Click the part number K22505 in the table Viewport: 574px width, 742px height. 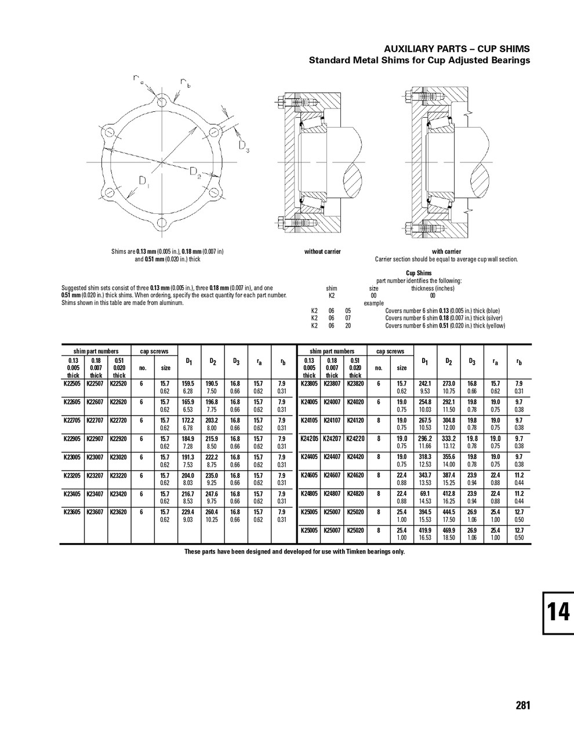(x=72, y=383)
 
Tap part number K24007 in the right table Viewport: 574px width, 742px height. (x=332, y=402)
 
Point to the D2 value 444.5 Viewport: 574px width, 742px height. (x=448, y=512)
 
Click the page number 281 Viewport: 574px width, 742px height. (x=522, y=705)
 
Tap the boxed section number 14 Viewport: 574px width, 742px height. (x=558, y=613)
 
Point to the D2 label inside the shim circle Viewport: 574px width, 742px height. (x=195, y=172)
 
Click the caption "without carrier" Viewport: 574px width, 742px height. (x=322, y=252)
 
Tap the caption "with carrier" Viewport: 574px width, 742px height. (x=446, y=252)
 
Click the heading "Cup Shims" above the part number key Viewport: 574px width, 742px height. (x=419, y=273)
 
